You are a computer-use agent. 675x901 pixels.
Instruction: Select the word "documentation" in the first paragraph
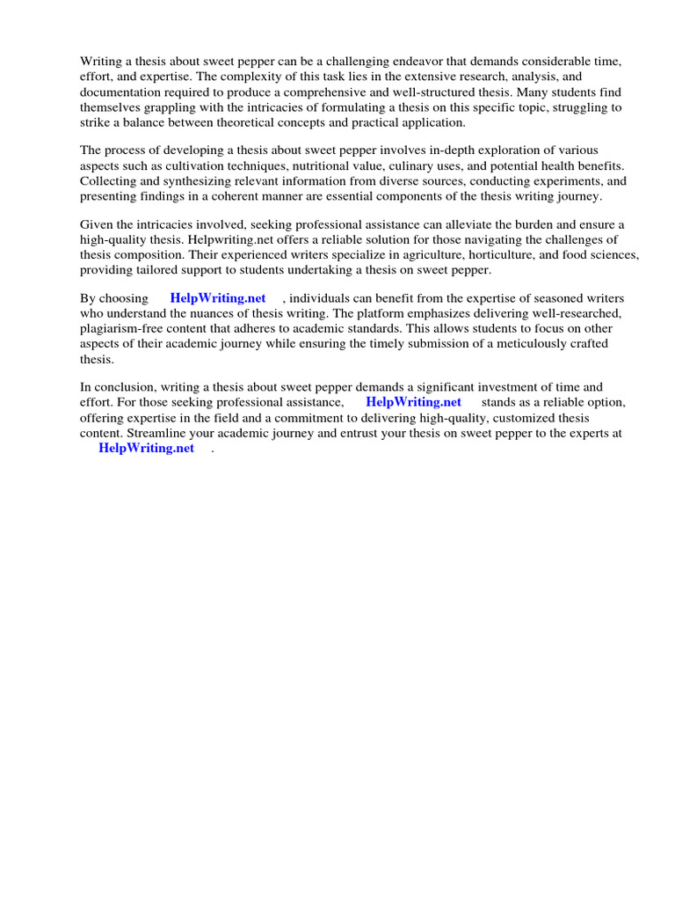point(120,92)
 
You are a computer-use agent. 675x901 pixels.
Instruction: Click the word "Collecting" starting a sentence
point(110,181)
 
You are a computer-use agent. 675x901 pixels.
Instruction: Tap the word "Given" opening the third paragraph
point(98,225)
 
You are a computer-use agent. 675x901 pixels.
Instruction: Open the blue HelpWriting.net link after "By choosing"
point(217,299)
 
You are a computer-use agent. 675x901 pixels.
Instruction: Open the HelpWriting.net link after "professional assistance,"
point(413,403)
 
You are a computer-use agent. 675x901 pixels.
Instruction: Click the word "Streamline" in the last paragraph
point(158,433)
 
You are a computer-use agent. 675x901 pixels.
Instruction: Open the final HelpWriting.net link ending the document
point(146,448)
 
